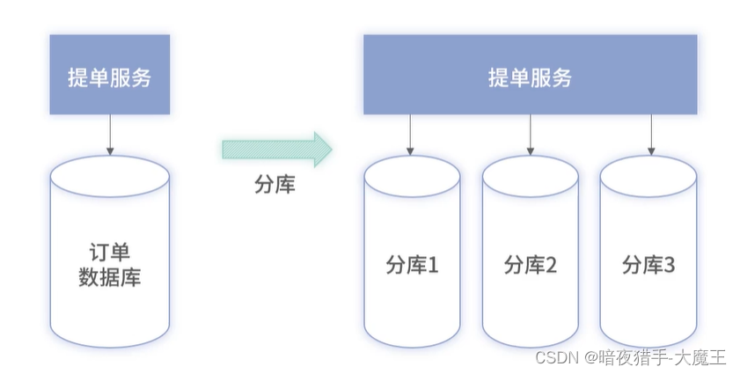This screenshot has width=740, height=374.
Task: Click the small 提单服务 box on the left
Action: (110, 77)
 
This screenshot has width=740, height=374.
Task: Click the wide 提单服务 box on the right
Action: (531, 77)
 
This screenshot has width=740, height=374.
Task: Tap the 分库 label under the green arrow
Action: (275, 185)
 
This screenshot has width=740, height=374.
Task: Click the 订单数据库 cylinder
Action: (110, 255)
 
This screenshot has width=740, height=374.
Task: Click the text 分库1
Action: (412, 264)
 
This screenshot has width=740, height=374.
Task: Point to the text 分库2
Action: (530, 264)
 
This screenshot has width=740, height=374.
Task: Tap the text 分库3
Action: (648, 264)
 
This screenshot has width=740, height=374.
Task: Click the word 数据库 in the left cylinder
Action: (110, 278)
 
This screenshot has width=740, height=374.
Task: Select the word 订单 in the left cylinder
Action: (110, 251)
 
